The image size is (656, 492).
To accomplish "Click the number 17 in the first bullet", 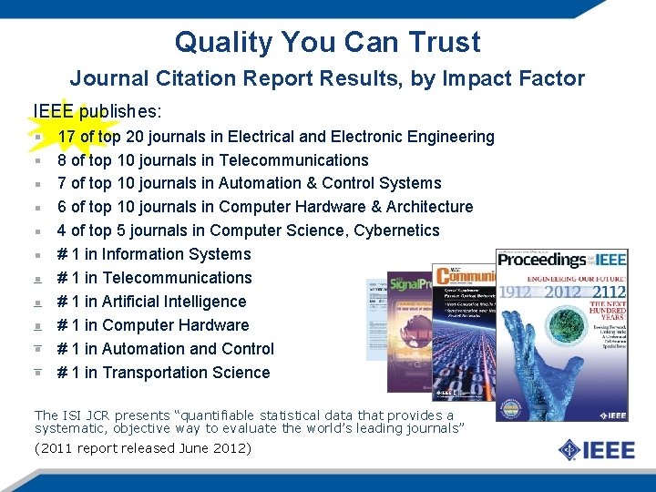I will coord(67,137).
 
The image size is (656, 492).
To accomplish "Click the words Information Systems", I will coord(176,254).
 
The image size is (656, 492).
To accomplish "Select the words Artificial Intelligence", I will coord(174,302).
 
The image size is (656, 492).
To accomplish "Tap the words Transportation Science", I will coord(186,373).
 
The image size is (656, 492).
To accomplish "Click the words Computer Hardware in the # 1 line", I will coord(175,325).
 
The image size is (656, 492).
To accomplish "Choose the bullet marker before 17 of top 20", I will coord(39,138).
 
